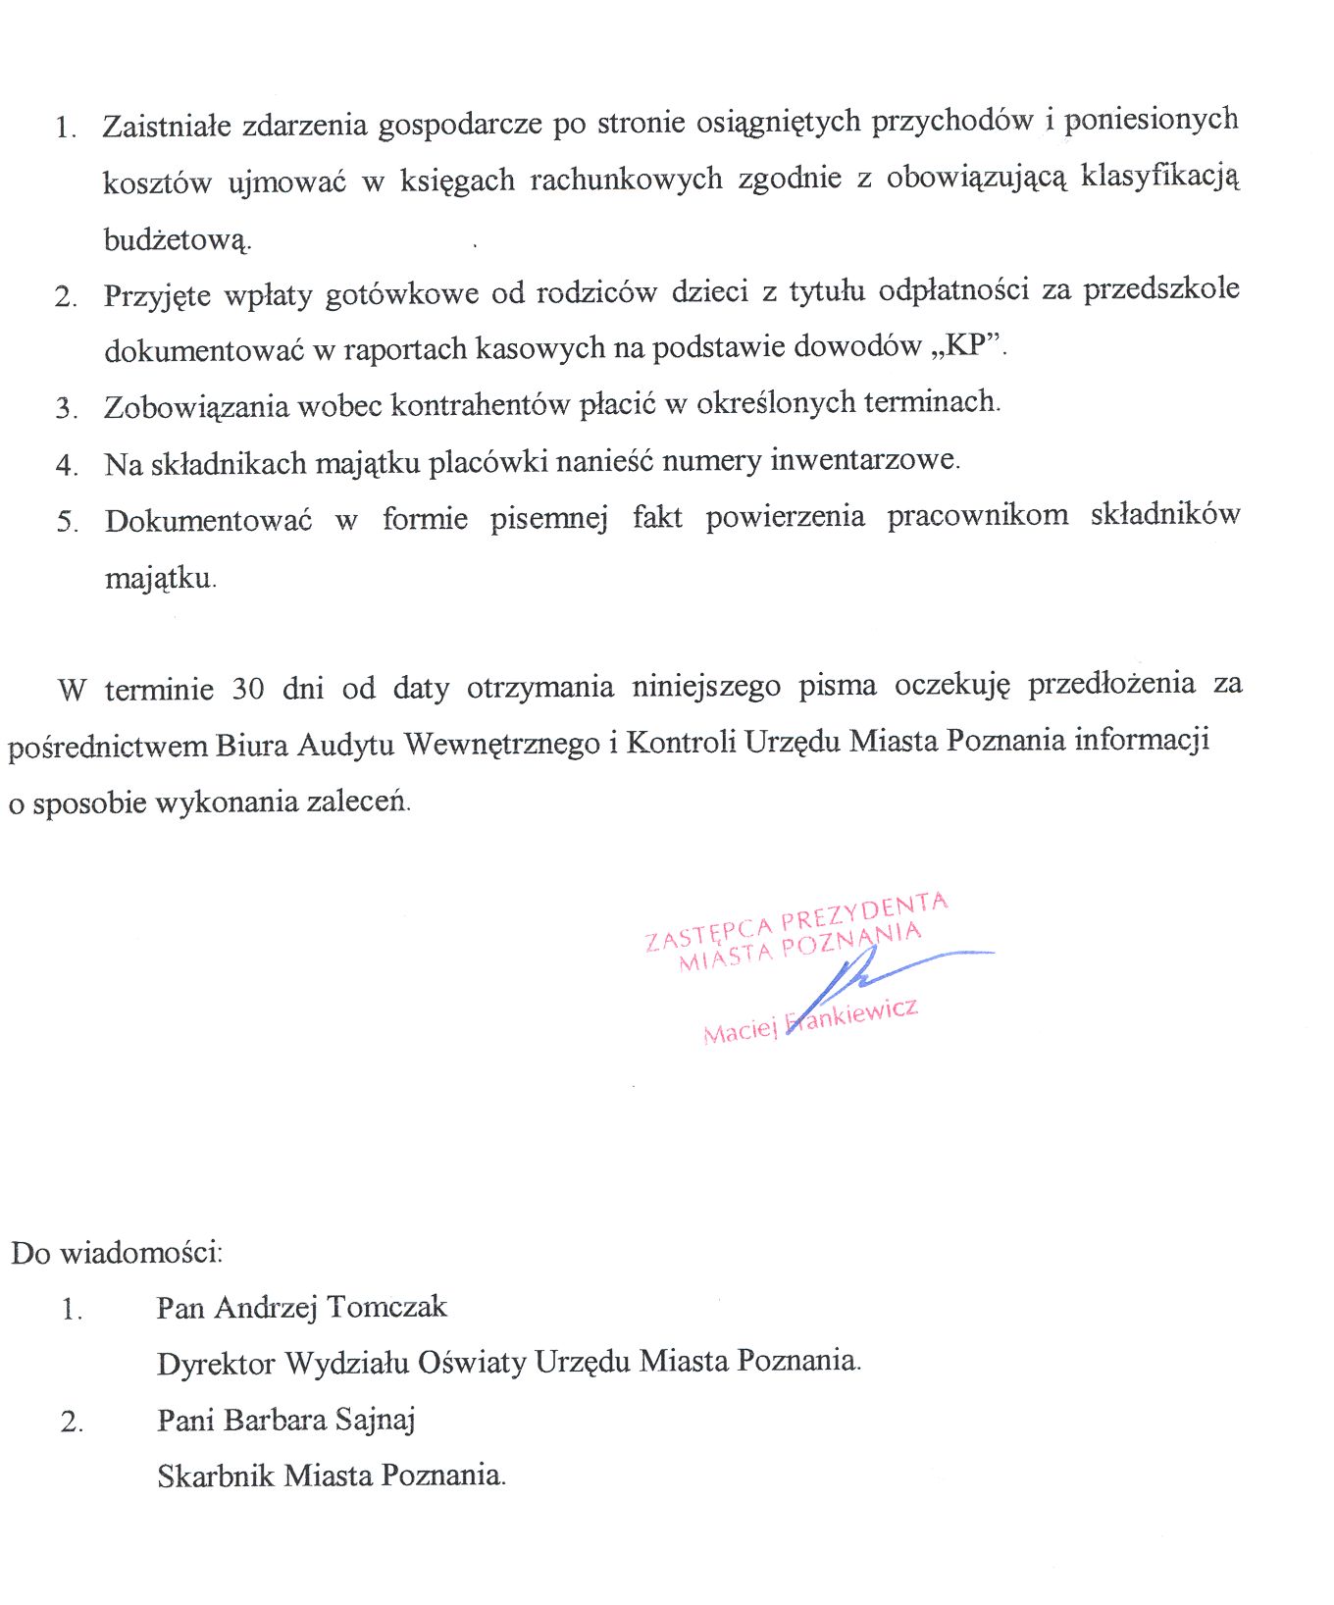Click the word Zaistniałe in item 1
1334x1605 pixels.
[167, 127]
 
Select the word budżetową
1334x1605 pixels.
[177, 239]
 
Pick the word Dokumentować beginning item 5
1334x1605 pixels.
[208, 520]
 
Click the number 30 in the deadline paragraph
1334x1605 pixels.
[248, 688]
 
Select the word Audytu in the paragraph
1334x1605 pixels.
[346, 745]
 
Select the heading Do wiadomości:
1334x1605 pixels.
[117, 1253]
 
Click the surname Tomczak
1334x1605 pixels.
[386, 1308]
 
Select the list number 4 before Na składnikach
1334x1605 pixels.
[66, 464]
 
